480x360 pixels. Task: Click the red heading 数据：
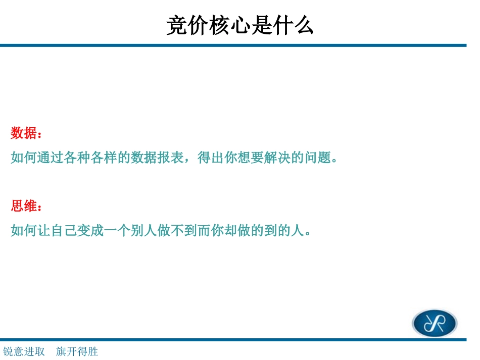tap(26, 134)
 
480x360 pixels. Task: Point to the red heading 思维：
tap(26, 206)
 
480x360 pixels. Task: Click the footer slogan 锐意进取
tap(24, 351)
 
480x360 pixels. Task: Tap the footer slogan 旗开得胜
tap(77, 351)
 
